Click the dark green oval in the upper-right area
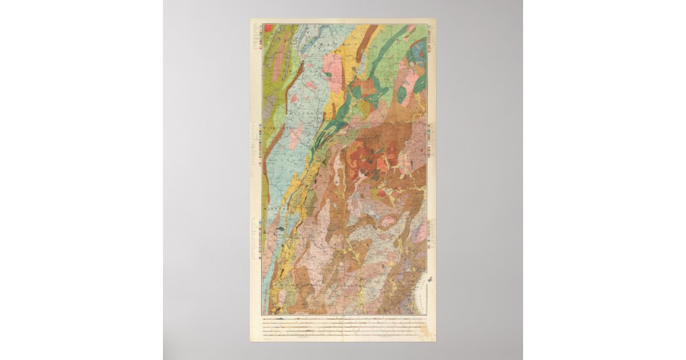[402, 94]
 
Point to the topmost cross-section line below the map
[343, 318]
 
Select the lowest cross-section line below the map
[343, 336]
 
